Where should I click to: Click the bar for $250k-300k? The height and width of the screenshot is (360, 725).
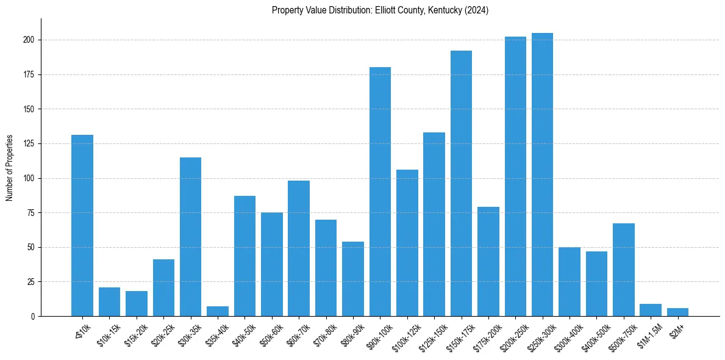(542, 175)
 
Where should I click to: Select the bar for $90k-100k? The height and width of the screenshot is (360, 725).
(380, 192)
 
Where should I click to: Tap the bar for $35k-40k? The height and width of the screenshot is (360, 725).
(218, 311)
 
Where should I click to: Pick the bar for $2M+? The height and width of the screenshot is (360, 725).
(677, 312)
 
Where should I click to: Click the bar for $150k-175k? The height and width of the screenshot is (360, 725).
(461, 184)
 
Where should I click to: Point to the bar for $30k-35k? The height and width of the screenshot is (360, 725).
(190, 237)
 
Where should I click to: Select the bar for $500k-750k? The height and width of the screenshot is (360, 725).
(623, 270)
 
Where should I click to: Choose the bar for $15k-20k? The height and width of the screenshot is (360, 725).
(137, 303)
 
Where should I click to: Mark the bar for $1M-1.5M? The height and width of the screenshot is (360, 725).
(651, 310)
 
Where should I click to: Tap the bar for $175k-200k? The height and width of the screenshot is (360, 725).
(488, 261)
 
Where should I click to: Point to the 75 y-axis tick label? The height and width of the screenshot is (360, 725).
(32, 213)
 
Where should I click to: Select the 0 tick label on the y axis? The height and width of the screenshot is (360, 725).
(33, 317)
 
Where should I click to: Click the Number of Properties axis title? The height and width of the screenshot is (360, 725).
(9, 168)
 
